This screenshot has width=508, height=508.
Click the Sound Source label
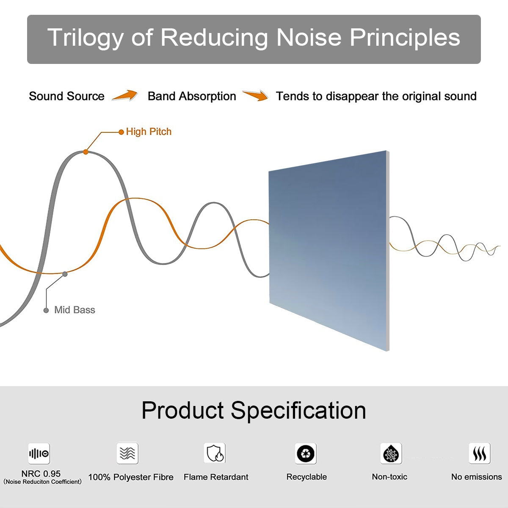pos(66,96)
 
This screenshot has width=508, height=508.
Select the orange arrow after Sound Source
pos(125,96)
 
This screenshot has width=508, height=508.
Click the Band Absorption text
pos(192,96)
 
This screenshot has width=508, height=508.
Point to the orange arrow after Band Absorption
pos(256,96)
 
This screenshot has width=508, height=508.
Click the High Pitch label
pos(149,132)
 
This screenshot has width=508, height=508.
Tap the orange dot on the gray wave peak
pos(86,152)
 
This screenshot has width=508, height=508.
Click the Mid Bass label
pos(75,310)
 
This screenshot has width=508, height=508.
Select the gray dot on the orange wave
pos(65,274)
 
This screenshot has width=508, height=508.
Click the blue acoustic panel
pos(328,250)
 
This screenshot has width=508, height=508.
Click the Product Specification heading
pos(254,410)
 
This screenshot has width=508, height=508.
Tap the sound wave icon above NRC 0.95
pos(39,454)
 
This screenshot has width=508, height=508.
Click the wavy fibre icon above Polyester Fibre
pos(127,453)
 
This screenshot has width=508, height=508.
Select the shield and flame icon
pos(215,453)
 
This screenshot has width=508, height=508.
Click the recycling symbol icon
pos(306,453)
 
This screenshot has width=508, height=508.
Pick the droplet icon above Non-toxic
pos(391,454)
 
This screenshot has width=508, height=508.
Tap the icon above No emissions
pos(479,454)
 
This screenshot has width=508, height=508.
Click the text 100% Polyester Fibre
pos(131,477)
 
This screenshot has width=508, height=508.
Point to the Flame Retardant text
pos(216,477)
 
